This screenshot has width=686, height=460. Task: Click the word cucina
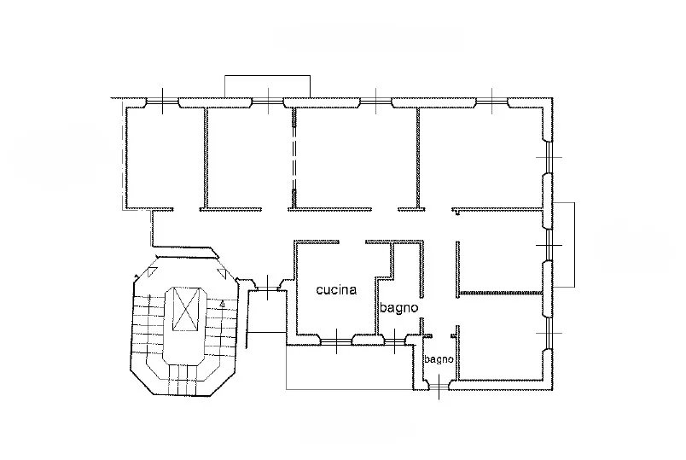point(336,290)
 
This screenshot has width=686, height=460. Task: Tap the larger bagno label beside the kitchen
point(398,308)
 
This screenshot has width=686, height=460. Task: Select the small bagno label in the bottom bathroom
point(439,359)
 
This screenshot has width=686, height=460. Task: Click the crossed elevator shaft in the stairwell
point(187,309)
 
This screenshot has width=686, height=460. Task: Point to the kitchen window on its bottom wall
point(336,340)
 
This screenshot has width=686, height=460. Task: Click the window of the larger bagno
point(395,340)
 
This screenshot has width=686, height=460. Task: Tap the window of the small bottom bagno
point(439,386)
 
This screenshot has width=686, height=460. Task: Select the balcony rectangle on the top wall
point(268,86)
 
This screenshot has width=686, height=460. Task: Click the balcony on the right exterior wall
point(564,245)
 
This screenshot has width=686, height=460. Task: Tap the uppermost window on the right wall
point(548,157)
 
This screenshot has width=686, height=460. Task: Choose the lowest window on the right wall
point(548,333)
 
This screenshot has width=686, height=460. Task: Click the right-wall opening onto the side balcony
point(548,245)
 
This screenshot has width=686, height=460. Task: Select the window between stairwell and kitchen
point(268,288)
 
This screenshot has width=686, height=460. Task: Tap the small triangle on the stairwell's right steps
point(222,303)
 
